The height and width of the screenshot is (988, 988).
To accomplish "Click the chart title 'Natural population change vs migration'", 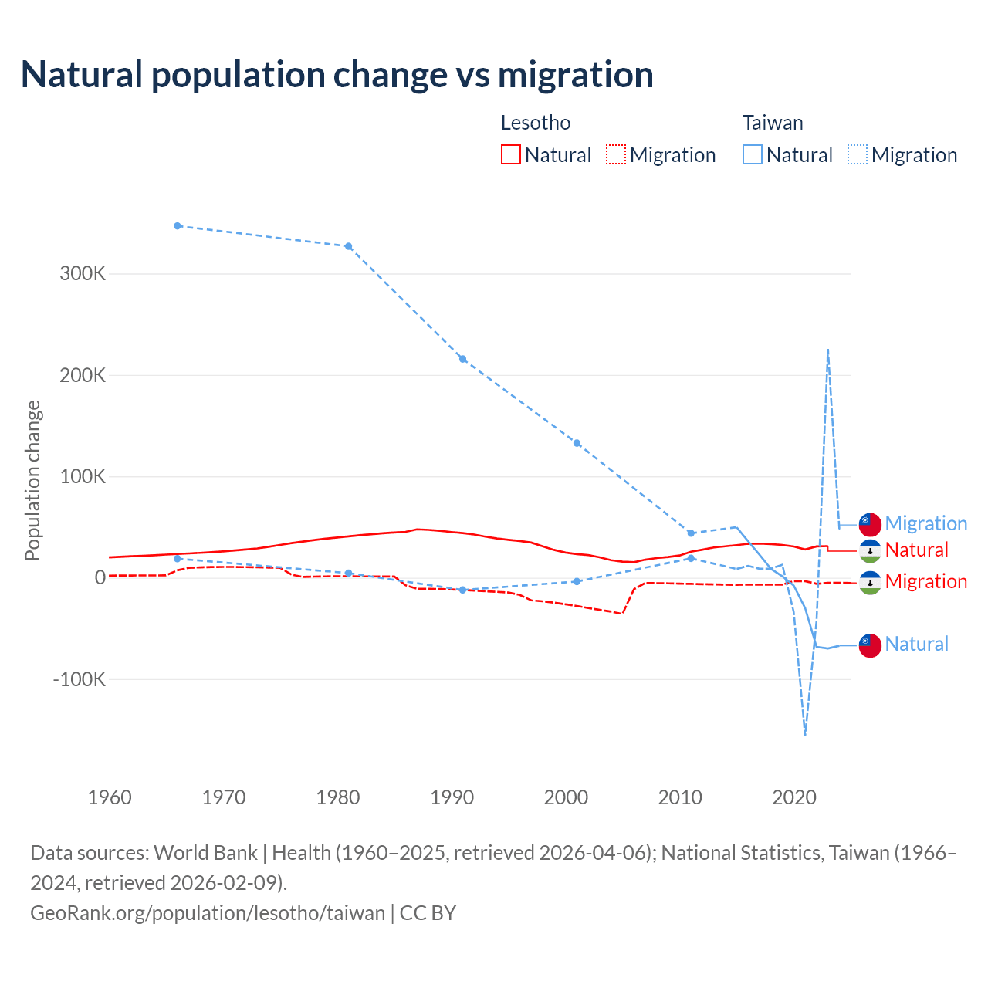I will (337, 75).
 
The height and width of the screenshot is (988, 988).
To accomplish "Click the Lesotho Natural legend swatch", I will (510, 154).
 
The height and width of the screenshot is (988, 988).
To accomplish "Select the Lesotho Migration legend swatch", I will (615, 154).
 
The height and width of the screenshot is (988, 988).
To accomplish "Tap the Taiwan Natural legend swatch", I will (752, 154).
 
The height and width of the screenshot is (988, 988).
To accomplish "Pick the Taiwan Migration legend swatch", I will (857, 154).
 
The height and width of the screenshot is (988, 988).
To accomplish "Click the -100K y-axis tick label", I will (79, 679).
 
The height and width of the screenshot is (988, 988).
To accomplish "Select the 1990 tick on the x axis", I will (452, 797).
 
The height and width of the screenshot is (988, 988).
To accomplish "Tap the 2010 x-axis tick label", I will (680, 797).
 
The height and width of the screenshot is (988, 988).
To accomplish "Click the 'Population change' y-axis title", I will (32, 480).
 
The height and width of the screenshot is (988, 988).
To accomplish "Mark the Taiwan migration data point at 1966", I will (178, 226).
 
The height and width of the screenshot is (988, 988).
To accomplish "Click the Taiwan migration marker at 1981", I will (348, 246).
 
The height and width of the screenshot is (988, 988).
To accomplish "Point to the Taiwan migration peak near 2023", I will (827, 350).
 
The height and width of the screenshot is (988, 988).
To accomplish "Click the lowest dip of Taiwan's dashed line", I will (805, 734).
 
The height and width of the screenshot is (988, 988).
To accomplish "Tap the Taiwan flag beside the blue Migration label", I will (870, 524).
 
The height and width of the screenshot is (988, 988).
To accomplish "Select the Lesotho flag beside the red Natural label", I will (870, 550).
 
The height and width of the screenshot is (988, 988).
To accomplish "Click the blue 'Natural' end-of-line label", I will (916, 644).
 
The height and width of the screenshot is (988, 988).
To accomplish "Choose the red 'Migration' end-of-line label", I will (925, 581).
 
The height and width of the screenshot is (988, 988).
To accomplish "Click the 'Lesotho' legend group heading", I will (536, 123).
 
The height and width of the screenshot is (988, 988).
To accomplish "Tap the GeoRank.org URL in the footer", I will (208, 912).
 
